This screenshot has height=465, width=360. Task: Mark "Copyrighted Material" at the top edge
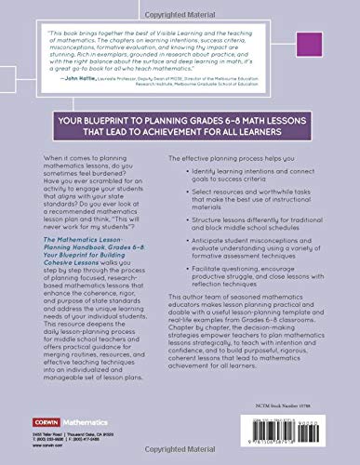(x=180, y=5)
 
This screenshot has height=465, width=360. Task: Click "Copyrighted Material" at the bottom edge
(x=180, y=459)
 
